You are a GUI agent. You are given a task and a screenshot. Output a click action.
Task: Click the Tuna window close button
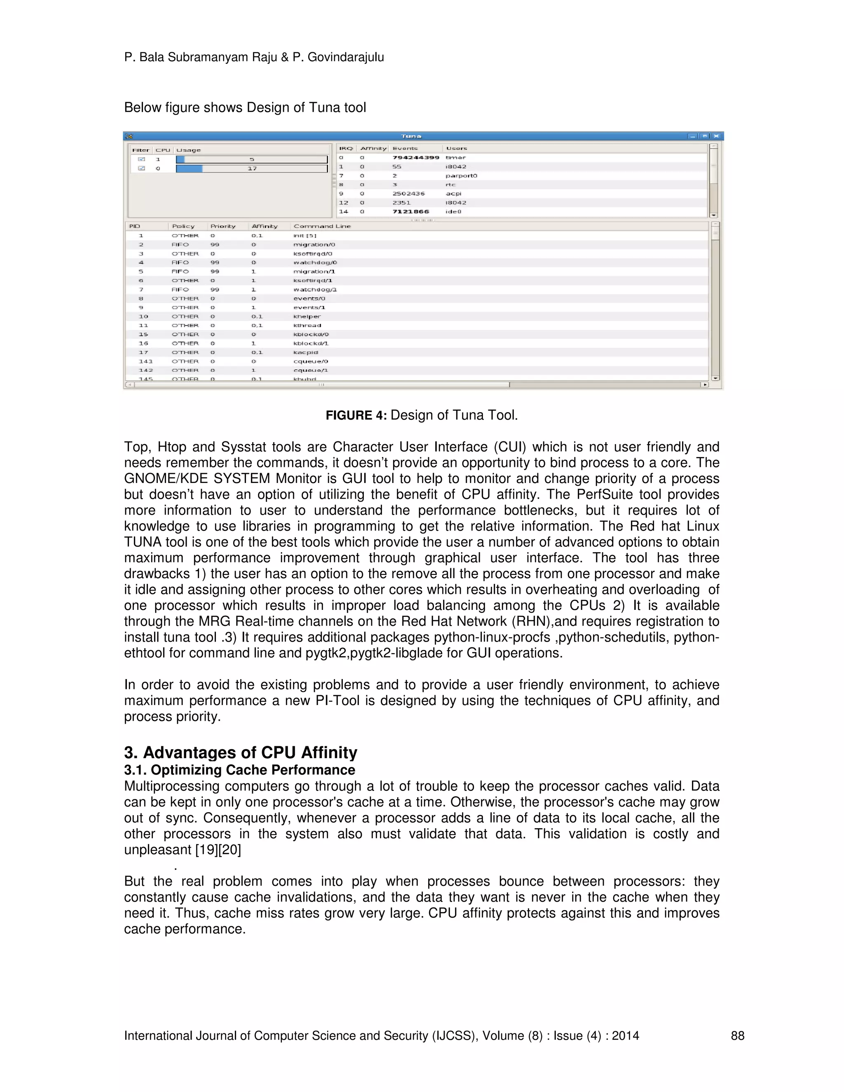click(716, 136)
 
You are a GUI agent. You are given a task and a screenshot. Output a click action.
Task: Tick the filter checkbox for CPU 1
click(141, 159)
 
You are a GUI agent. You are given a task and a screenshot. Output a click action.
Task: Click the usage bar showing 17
click(251, 169)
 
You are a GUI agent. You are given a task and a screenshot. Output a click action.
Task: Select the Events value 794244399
click(415, 157)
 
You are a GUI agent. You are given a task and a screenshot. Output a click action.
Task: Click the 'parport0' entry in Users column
click(461, 176)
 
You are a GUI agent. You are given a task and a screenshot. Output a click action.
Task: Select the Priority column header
click(223, 226)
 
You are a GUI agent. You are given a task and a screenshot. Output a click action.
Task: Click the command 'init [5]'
click(305, 235)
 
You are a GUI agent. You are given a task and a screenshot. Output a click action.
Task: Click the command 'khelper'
click(307, 316)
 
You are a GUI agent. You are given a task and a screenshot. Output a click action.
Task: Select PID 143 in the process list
click(145, 361)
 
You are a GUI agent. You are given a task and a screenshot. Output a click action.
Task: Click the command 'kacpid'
click(305, 352)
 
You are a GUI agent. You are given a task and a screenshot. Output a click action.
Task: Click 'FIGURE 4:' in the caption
click(356, 415)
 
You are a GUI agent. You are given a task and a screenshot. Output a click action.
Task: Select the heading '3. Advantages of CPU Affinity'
click(241, 752)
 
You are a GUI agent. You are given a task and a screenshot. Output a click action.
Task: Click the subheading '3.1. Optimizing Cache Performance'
click(239, 770)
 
